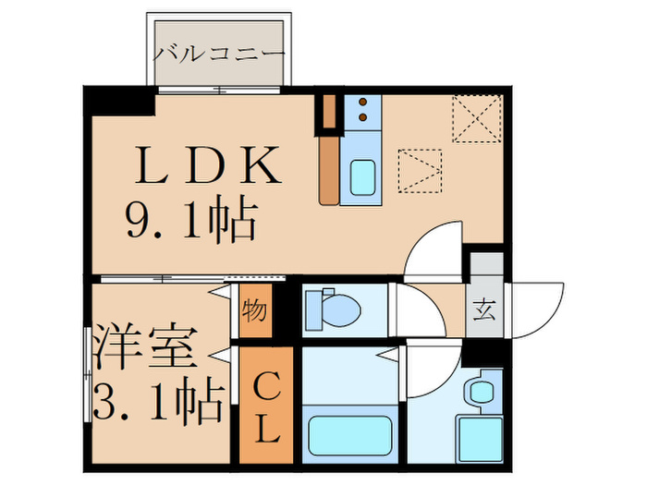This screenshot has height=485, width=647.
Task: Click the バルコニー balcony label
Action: [219, 52]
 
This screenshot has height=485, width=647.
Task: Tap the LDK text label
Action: [209, 168]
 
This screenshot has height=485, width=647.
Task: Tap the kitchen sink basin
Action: [362, 175]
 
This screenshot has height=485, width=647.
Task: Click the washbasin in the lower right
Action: [481, 391]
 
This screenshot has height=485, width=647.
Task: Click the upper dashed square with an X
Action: [477, 119]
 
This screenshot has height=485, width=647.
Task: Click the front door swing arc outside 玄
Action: [538, 309]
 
